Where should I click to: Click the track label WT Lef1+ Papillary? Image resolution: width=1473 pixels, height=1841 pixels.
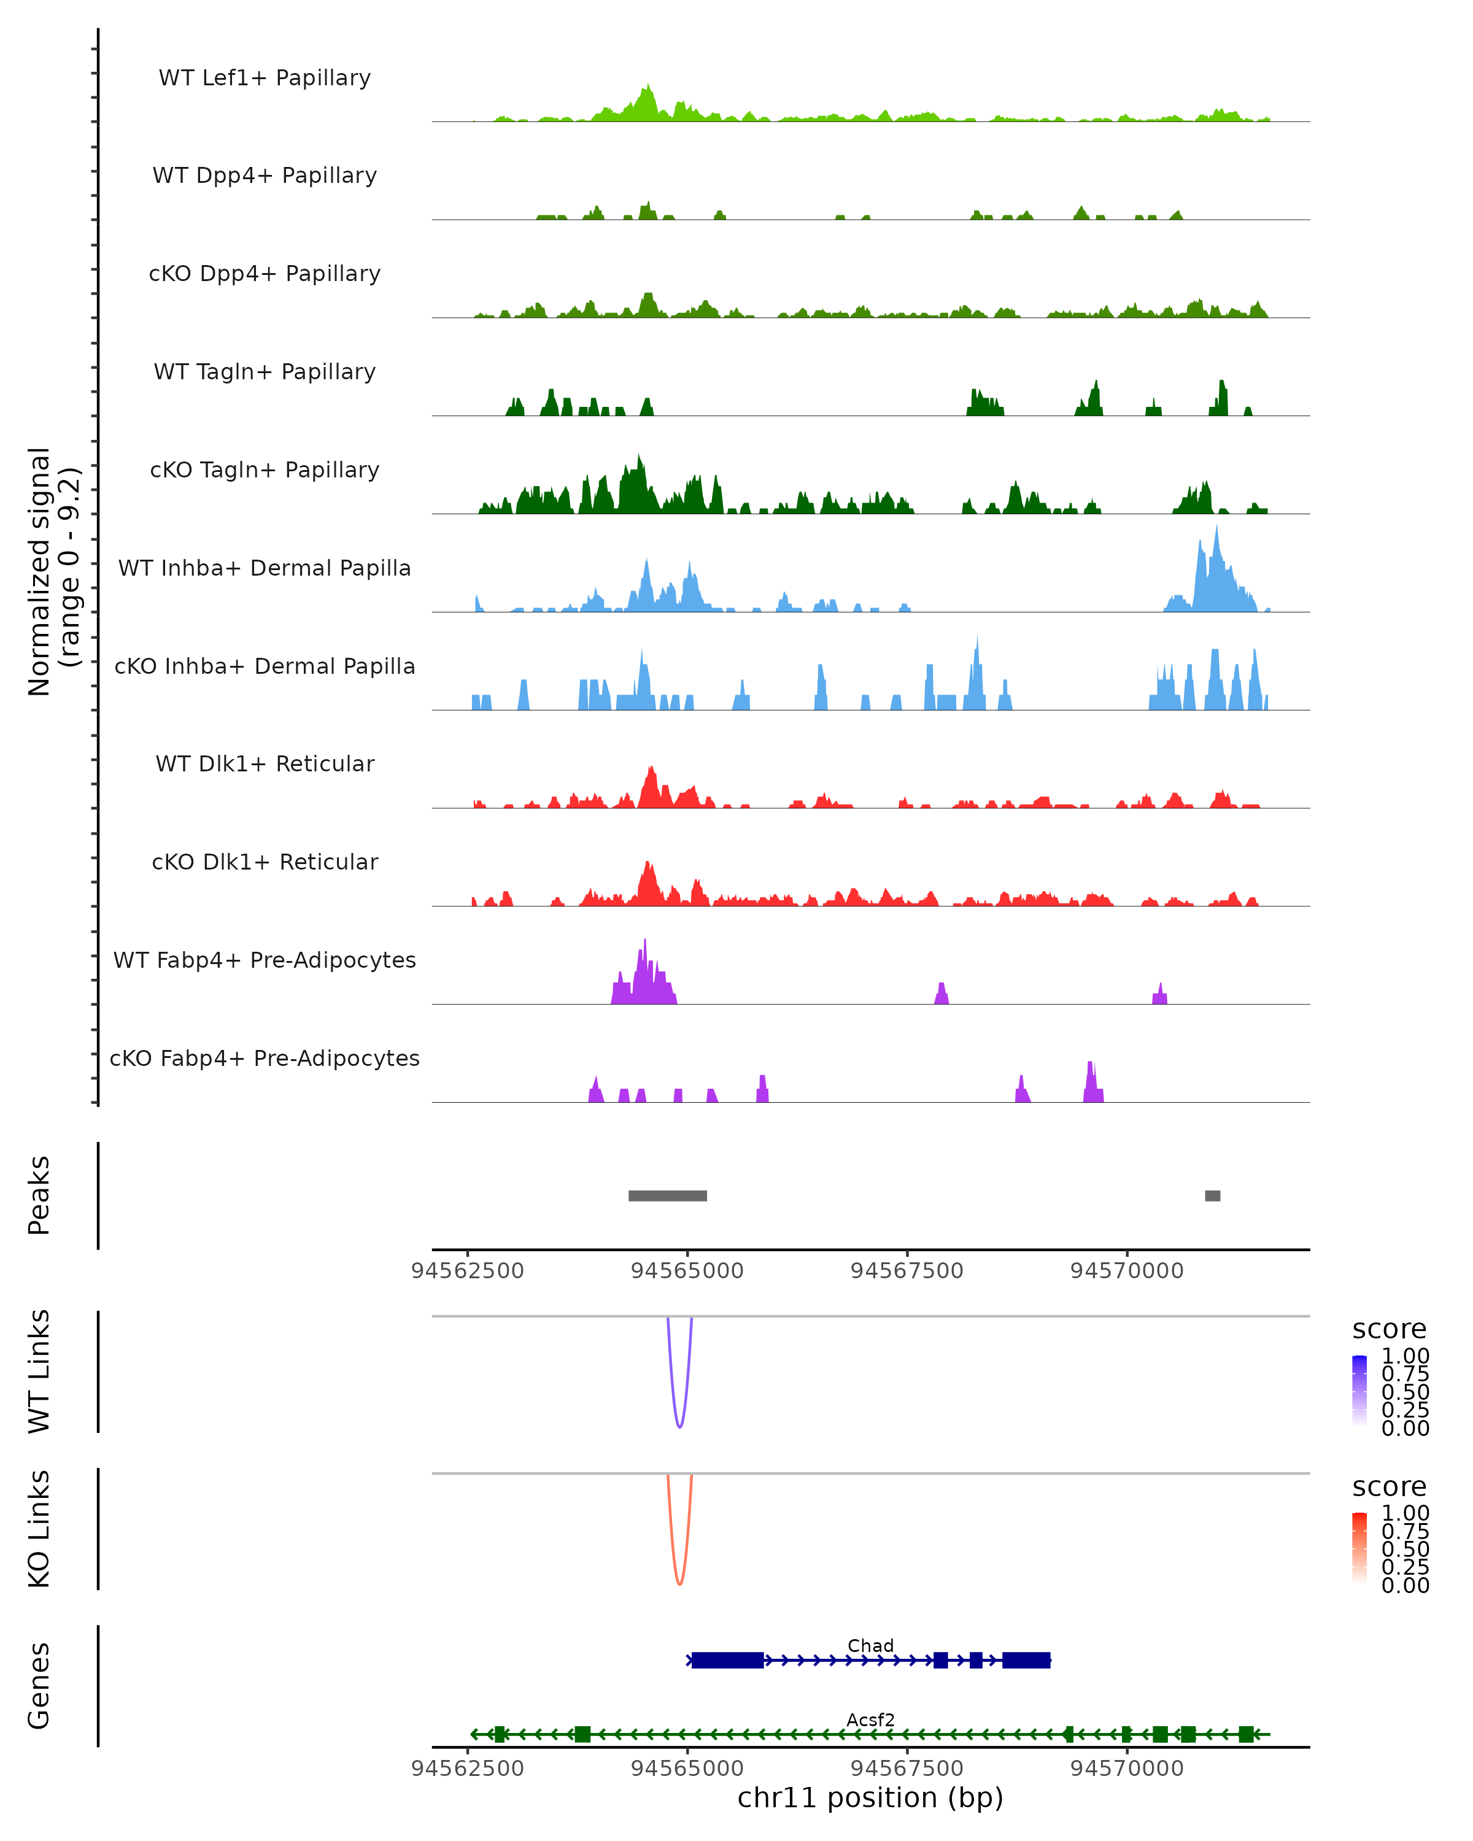265,78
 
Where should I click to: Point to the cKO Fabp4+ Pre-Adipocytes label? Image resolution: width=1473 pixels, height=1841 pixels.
265,1058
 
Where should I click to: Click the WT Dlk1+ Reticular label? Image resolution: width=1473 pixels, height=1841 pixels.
265,763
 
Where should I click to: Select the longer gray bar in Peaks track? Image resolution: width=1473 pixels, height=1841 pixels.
667,1195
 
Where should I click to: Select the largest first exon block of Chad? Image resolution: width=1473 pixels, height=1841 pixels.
727,1660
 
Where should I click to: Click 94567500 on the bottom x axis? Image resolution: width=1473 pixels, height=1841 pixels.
907,1769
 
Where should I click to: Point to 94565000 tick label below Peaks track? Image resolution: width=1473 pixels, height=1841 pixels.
687,1271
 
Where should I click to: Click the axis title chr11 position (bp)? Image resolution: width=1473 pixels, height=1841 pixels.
870,1798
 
